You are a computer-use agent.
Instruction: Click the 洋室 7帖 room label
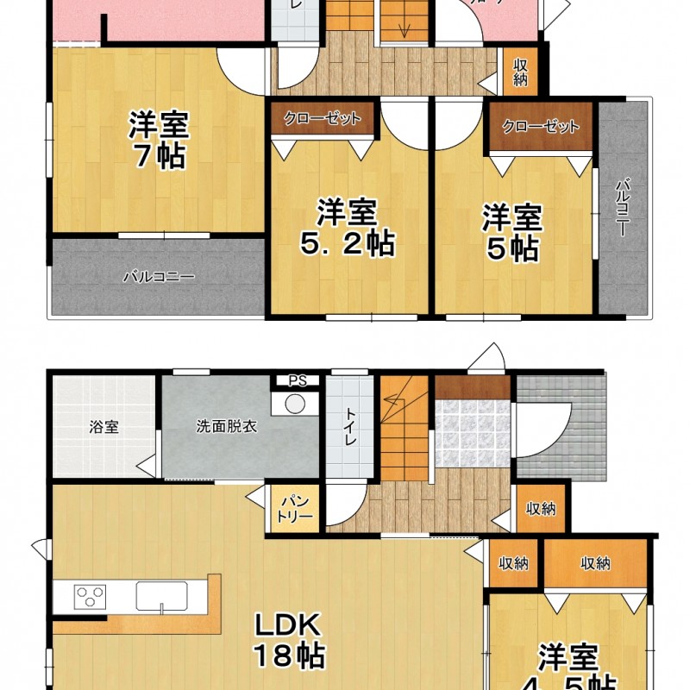click(160, 140)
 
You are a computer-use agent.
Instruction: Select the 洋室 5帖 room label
click(511, 232)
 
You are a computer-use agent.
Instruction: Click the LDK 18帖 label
click(287, 640)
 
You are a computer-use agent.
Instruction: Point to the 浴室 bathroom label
click(104, 426)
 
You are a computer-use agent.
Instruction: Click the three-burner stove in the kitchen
click(90, 595)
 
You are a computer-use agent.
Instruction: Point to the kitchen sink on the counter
click(161, 596)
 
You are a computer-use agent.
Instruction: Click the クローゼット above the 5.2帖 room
click(323, 119)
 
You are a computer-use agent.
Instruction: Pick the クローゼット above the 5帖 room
click(541, 126)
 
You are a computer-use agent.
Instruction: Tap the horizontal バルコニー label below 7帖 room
click(158, 277)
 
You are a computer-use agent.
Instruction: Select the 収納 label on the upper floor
click(520, 72)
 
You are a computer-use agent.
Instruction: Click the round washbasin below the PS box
click(296, 405)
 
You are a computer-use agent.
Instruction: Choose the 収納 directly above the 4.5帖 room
click(595, 564)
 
